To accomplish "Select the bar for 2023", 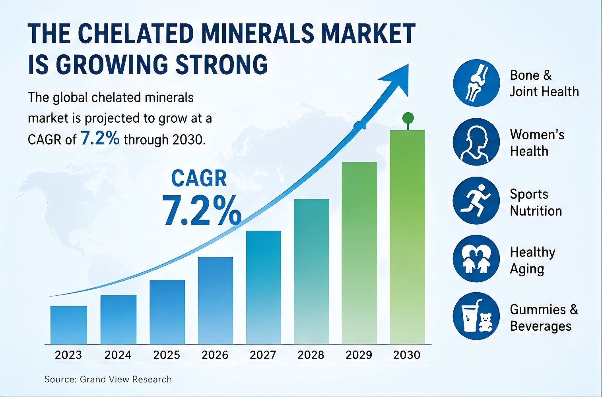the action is click(68, 325).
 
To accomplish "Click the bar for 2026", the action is click(216, 301).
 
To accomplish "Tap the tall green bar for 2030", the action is click(407, 237).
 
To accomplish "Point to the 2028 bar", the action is click(311, 272).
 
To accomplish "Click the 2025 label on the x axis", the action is click(167, 355).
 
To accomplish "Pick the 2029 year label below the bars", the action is click(359, 355).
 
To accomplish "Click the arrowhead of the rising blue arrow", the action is click(396, 79).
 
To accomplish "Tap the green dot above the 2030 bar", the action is click(408, 118).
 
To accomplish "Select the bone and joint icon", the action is click(476, 83).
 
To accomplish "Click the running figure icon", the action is click(476, 200).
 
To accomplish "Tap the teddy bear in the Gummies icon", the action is click(485, 322).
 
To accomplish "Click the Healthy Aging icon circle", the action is click(476, 258).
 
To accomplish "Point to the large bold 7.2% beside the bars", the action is click(201, 210).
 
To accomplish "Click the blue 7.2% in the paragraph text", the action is click(100, 139).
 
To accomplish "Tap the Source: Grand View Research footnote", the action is click(108, 379).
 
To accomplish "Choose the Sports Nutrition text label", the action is click(536, 202).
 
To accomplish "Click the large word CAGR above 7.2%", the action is click(199, 179).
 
